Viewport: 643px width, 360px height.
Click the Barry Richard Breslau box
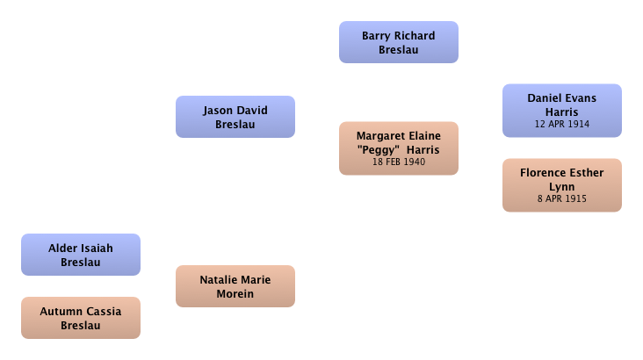[399, 42]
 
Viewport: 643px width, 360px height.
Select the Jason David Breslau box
[235, 117]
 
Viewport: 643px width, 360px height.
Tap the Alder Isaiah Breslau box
[81, 255]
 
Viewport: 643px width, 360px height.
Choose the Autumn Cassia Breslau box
[81, 318]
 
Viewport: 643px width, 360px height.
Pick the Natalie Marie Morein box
[235, 286]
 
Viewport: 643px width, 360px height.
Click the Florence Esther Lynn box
[562, 185]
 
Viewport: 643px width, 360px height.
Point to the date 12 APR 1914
[562, 124]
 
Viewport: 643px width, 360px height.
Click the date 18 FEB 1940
[399, 162]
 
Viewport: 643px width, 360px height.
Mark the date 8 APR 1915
[562, 198]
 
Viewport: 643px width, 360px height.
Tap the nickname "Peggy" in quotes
[378, 150]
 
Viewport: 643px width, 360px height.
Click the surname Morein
[235, 293]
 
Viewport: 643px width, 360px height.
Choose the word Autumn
[59, 311]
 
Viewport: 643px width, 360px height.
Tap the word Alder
[61, 248]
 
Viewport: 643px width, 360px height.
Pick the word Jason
[216, 111]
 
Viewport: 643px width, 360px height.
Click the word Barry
[376, 37]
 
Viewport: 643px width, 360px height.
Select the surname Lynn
[562, 187]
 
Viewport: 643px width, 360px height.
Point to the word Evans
[581, 98]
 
